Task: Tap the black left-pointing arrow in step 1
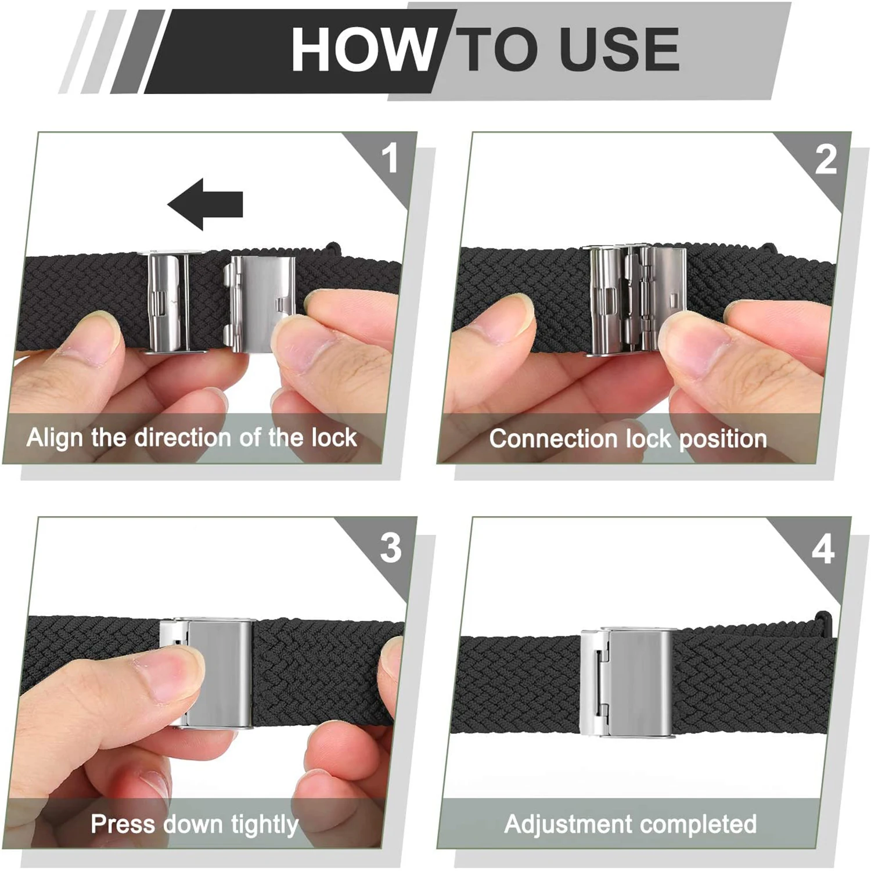point(205,203)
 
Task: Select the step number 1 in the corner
point(390,158)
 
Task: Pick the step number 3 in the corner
point(390,547)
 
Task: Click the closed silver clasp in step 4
point(627,682)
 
